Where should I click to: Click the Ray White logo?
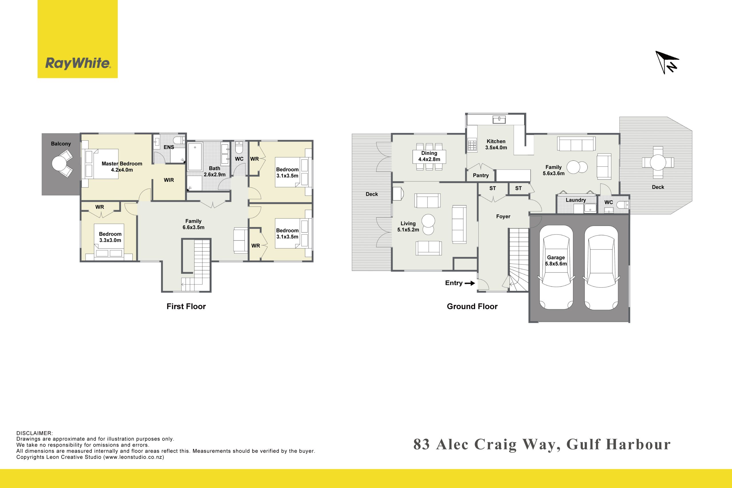point(77,39)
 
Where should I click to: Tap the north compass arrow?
point(667,62)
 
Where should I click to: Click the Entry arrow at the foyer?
point(470,283)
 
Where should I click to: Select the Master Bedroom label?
point(122,164)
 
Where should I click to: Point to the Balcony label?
point(61,144)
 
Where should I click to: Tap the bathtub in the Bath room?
point(195,157)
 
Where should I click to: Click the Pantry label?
point(481,176)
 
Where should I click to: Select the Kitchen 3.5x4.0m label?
point(496,144)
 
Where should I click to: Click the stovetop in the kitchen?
point(472,145)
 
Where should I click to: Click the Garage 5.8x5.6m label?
point(556,260)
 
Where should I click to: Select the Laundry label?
point(576,200)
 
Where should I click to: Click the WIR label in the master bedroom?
point(169,180)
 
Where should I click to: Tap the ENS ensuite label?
point(169,147)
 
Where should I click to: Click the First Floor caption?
point(186,306)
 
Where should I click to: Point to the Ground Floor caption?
point(472,306)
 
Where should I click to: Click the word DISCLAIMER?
point(35,433)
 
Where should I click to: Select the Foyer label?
point(503,217)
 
